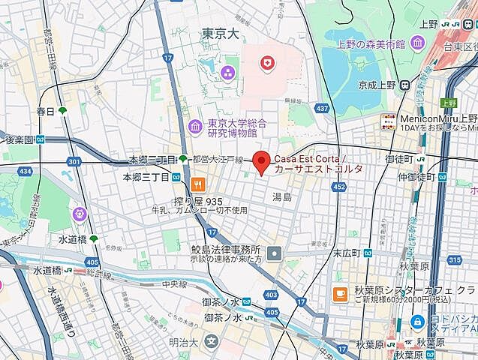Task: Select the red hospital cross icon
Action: click(x=266, y=65)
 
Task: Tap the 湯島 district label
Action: click(x=282, y=197)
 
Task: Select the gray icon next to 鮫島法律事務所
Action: click(x=275, y=253)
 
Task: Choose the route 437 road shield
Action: click(x=322, y=109)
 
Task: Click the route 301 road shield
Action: click(x=73, y=161)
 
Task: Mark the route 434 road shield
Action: click(x=26, y=172)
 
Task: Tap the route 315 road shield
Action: click(x=455, y=259)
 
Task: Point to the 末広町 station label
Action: click(x=347, y=253)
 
